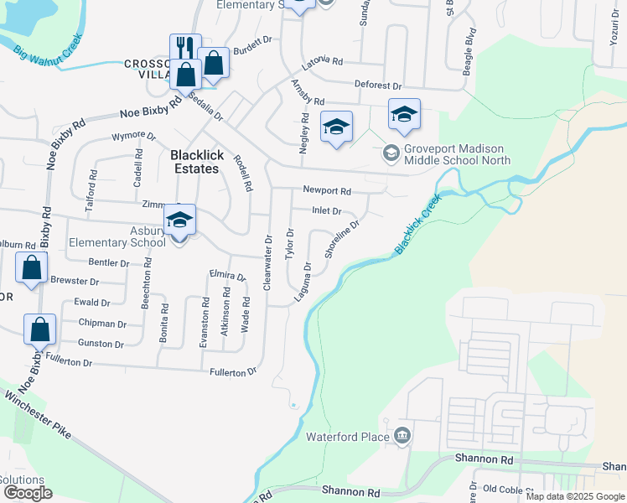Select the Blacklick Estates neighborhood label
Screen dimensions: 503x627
(194, 162)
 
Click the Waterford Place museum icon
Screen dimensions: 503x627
(402, 436)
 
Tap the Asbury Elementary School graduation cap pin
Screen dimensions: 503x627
(179, 220)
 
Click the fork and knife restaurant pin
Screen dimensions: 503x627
(185, 48)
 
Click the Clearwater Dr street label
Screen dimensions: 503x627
(268, 262)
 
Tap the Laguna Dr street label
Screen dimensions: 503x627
(303, 283)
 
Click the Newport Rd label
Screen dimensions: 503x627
(327, 190)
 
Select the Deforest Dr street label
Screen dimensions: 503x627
(379, 86)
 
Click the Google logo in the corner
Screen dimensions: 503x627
(28, 493)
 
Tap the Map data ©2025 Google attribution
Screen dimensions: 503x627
(575, 496)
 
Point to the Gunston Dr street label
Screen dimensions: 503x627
(101, 344)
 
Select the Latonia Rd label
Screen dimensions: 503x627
(325, 61)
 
